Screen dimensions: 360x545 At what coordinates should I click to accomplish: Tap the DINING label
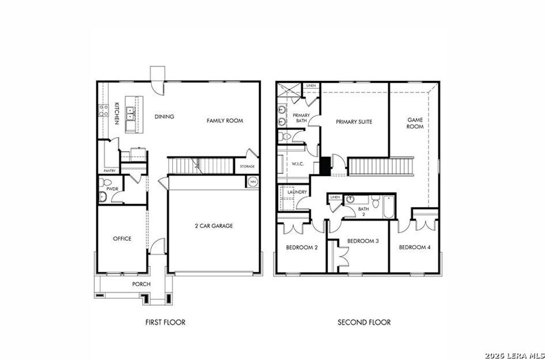(x=164, y=116)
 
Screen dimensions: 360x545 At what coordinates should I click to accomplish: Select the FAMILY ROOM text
(x=225, y=121)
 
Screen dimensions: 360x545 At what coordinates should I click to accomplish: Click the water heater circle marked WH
(x=252, y=182)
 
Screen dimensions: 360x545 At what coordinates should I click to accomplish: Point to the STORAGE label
(x=247, y=166)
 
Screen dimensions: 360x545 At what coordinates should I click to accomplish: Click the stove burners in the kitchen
(x=103, y=110)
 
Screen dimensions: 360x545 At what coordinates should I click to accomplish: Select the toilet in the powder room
(x=103, y=197)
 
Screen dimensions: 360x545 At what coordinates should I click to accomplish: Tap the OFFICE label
(x=122, y=239)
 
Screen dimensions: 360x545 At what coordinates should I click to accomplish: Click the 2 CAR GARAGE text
(x=213, y=226)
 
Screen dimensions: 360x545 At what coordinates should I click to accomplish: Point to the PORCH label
(x=141, y=284)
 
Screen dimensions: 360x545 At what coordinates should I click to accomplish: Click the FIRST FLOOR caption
(x=165, y=322)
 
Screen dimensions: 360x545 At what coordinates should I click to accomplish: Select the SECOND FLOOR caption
(x=364, y=322)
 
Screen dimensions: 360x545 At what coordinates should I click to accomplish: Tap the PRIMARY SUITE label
(x=353, y=122)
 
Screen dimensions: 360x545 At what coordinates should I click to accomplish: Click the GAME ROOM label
(x=415, y=123)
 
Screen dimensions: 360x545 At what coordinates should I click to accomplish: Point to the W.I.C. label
(x=298, y=164)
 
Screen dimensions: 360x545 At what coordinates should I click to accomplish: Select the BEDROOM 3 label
(x=363, y=241)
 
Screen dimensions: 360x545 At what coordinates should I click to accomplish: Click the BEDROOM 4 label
(x=415, y=247)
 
